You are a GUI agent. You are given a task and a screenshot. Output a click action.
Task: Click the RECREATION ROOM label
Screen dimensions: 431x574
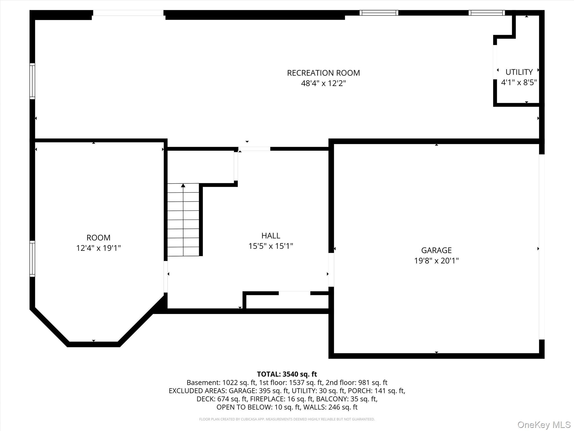[x=323, y=73]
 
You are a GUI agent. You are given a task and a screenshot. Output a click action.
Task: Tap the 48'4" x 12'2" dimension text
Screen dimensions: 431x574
[x=323, y=83]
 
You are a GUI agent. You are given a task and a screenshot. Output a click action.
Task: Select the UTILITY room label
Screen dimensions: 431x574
[x=519, y=72]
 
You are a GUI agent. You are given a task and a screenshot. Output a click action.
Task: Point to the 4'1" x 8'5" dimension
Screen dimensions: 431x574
[x=519, y=82]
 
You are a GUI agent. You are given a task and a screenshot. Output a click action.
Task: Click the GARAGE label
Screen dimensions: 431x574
[x=436, y=250]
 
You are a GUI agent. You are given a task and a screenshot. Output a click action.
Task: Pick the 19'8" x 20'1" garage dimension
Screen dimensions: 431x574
[x=436, y=261]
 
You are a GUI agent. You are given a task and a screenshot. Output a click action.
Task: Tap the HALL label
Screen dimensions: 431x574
[x=270, y=236]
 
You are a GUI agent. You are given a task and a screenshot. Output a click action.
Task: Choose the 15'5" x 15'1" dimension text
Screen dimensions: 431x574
[x=270, y=246]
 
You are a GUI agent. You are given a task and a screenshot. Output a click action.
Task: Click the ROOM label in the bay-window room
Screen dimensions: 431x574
[x=98, y=238]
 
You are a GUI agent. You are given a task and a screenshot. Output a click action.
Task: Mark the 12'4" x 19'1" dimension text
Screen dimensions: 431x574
[x=98, y=248]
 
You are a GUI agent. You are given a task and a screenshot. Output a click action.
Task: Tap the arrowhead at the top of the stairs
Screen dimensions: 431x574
[x=183, y=185]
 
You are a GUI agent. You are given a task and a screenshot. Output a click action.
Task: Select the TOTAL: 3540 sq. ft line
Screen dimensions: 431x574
[x=287, y=374]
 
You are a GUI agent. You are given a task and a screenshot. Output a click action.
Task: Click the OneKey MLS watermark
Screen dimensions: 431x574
[x=544, y=425]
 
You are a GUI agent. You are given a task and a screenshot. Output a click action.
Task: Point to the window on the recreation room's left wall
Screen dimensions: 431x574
[x=33, y=81]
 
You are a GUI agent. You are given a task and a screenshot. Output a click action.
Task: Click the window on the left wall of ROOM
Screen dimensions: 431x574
[x=33, y=259]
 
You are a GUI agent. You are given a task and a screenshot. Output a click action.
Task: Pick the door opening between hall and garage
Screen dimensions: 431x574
[x=331, y=270]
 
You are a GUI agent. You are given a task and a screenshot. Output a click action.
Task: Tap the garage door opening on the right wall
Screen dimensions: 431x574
[x=541, y=247]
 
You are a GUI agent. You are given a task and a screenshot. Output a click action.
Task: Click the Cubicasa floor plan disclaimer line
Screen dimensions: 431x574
[x=287, y=419]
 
